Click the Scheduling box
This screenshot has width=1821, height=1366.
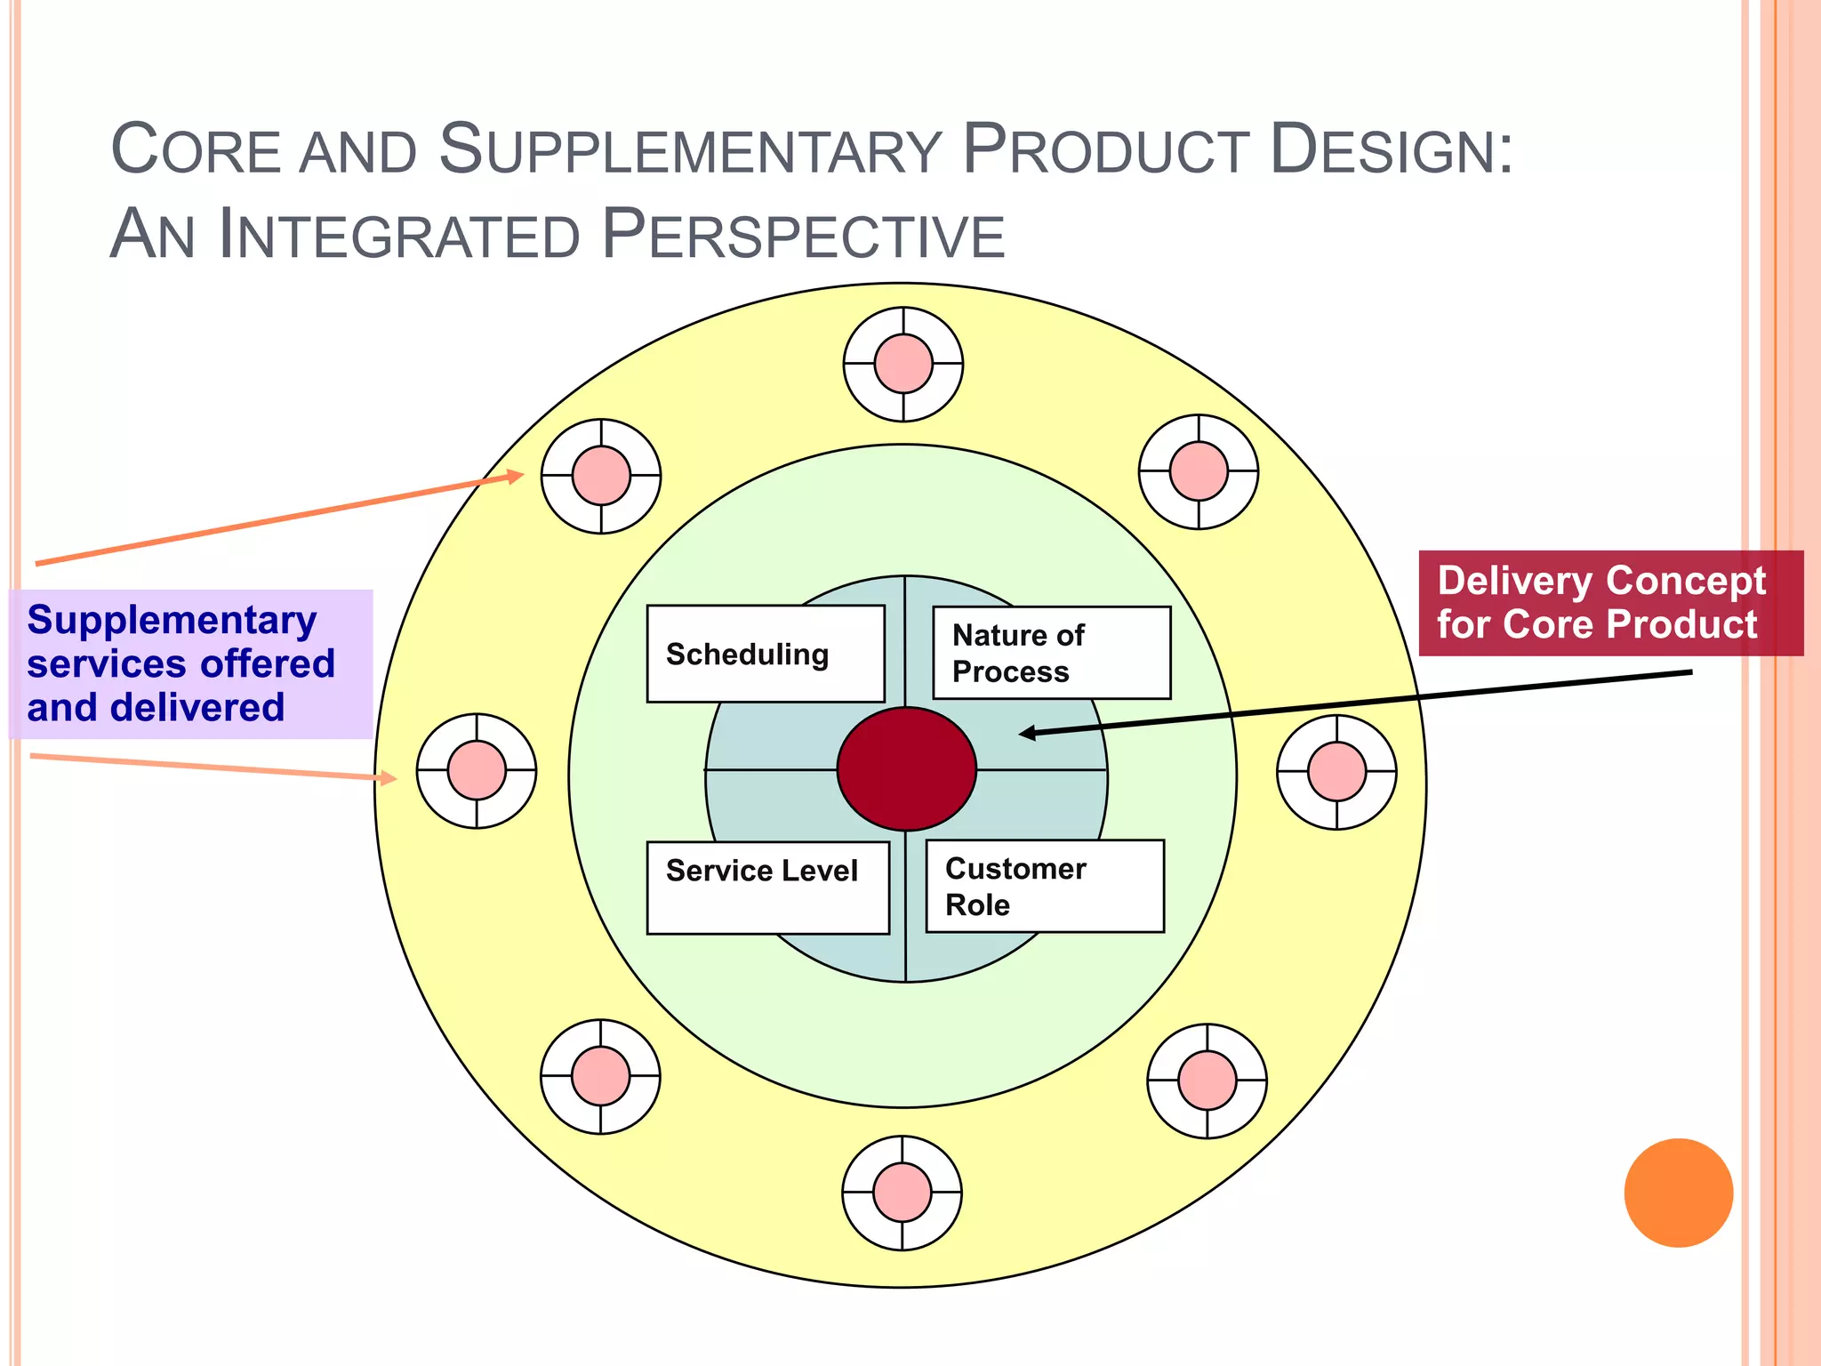coord(766,654)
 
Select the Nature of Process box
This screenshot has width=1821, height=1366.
coord(1051,653)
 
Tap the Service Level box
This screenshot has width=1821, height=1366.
coord(767,887)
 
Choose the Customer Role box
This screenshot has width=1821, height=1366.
coord(1045,886)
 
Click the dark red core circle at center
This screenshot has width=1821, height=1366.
coord(906,769)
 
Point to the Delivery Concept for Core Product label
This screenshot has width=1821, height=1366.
coord(1610,603)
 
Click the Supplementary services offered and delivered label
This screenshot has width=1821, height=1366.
coord(190,663)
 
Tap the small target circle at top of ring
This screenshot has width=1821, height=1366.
coord(903,364)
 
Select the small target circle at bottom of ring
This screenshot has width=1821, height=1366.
coord(902,1193)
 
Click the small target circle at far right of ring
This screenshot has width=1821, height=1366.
coord(1336,772)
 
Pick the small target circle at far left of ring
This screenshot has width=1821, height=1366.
coord(477,770)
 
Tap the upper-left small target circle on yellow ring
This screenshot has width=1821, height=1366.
coord(601,476)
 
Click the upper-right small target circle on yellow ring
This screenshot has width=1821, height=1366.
coord(1199,471)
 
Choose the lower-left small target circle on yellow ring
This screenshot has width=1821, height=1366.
coord(601,1076)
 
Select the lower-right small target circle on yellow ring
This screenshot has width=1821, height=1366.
coord(1207,1081)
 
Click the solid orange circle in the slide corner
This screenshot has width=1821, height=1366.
coord(1678,1193)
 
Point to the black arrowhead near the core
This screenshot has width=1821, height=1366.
coord(1027,733)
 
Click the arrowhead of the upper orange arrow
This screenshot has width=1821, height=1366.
coord(515,477)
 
